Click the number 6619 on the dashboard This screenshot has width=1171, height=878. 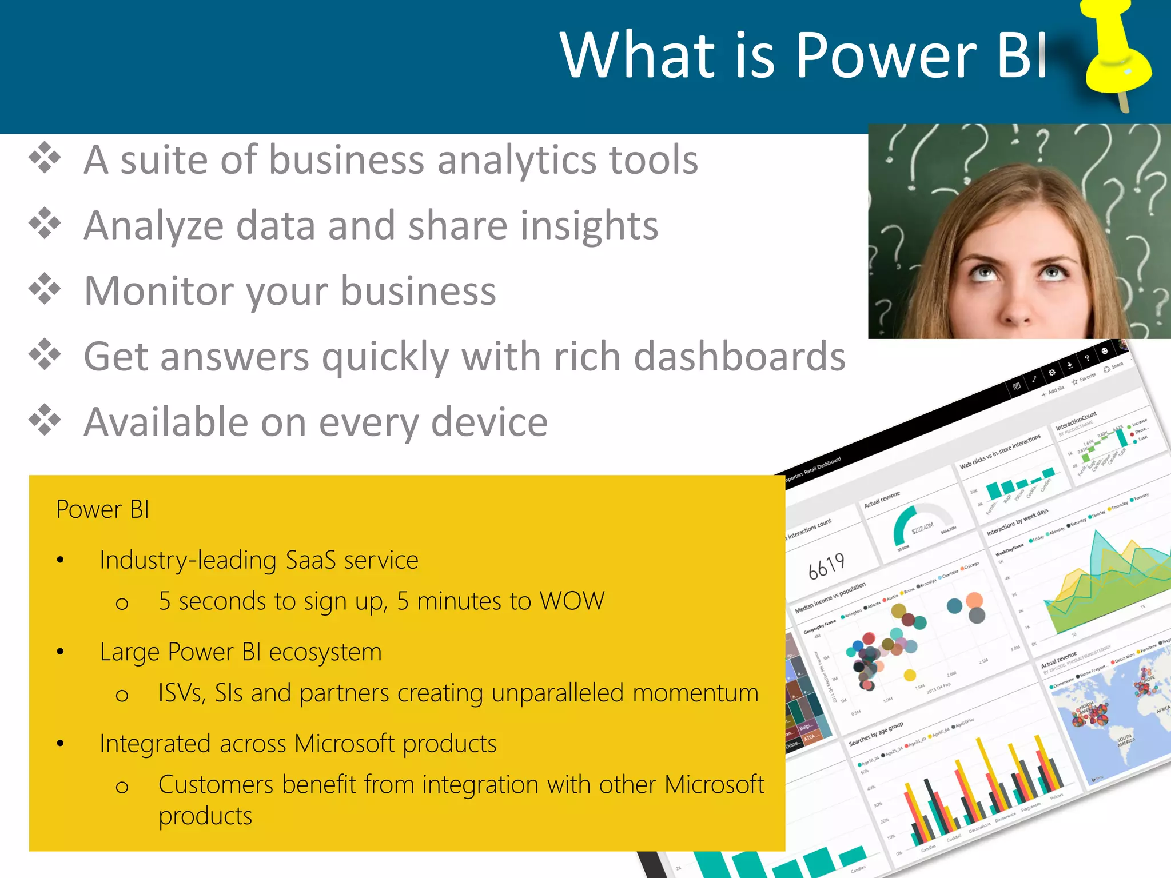click(826, 566)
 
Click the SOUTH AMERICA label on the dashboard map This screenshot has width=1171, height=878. click(1126, 740)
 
